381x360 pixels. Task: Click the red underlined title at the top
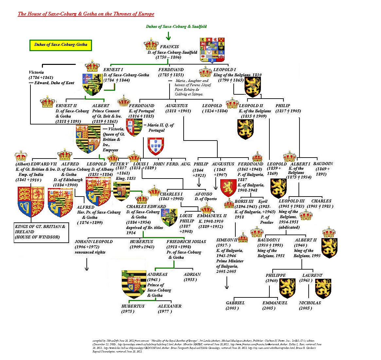[x=86, y=14]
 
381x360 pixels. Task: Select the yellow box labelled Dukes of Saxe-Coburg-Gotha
[x=61, y=45]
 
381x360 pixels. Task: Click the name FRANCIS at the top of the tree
[x=169, y=47]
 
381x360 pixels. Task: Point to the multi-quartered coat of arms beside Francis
[x=212, y=50]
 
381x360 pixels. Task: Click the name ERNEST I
[x=113, y=70]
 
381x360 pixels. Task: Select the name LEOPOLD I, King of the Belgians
[x=225, y=70]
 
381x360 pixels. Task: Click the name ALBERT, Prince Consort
[x=101, y=106]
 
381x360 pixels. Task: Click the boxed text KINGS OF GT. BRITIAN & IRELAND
[x=41, y=232]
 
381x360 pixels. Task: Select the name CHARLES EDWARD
[x=146, y=207]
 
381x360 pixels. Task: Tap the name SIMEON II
[x=227, y=240]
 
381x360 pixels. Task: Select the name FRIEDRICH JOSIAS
[x=186, y=242]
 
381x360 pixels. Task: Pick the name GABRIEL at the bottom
[x=235, y=303]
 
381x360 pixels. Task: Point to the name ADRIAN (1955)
[x=192, y=275]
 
